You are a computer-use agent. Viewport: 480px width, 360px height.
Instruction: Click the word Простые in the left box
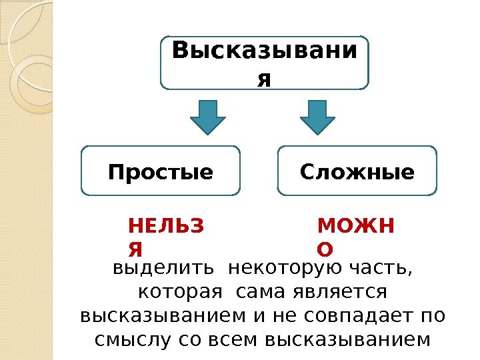point(160,173)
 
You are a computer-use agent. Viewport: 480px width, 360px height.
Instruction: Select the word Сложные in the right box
point(357,173)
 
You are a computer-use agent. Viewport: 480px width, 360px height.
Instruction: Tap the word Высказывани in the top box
point(265,51)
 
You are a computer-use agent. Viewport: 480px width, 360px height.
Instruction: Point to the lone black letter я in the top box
point(265,79)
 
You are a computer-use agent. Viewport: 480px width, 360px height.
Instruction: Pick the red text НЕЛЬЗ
point(167,226)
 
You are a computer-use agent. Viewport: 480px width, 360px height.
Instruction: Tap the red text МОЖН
point(356,226)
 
